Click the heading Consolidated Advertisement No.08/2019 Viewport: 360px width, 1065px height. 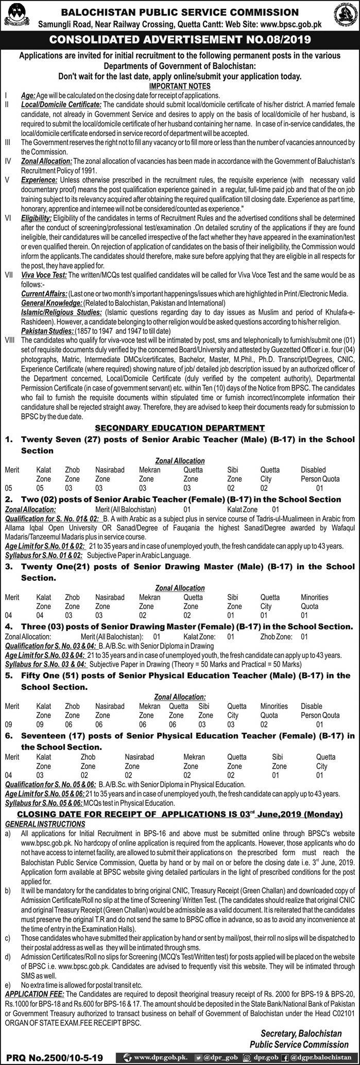(179, 39)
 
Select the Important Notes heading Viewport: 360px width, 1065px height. (179, 86)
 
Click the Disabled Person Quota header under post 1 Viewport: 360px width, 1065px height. (320, 474)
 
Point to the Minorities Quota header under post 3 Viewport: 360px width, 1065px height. (314, 601)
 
